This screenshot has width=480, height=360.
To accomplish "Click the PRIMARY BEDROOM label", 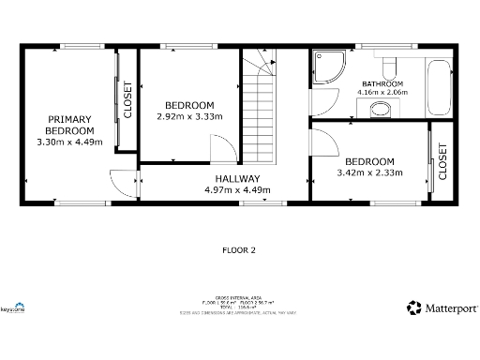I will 69,125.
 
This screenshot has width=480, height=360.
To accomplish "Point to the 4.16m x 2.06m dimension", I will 384,93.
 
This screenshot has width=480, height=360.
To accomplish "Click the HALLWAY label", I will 237,178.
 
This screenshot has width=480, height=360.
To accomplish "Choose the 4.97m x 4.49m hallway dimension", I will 237,189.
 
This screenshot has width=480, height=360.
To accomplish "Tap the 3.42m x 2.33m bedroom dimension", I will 369,172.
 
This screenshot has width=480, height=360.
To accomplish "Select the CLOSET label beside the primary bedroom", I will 128,99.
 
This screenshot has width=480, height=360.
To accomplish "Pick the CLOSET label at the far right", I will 443,161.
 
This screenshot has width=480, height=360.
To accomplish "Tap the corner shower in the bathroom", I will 328,65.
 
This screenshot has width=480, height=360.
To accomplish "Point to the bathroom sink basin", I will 380,111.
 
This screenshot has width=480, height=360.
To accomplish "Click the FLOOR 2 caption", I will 239,250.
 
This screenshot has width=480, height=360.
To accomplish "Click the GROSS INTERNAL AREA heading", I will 238,296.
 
